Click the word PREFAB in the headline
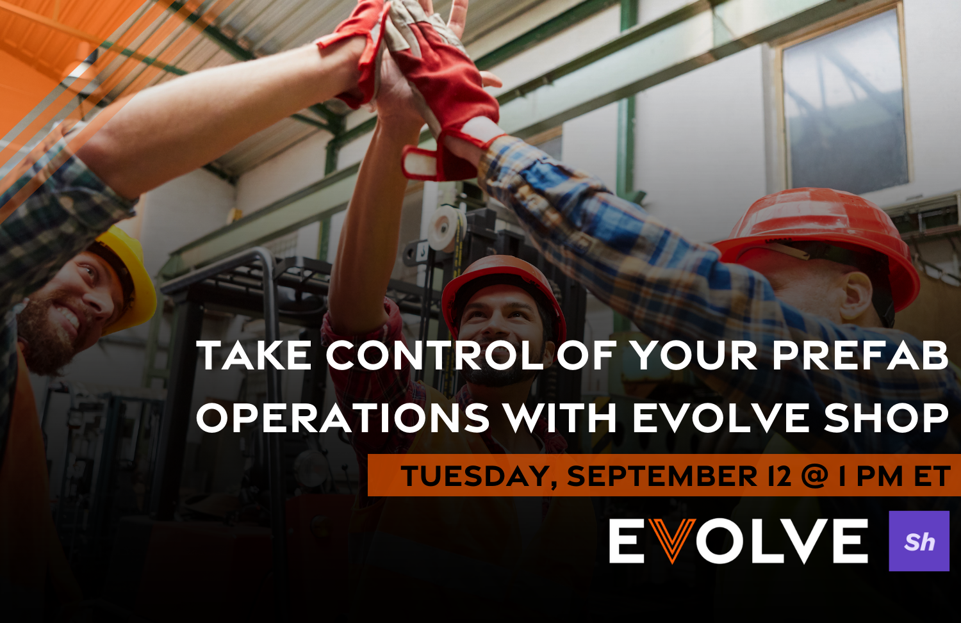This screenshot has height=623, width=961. click(860, 355)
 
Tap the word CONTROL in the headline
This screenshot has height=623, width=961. click(435, 355)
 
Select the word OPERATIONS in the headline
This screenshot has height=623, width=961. click(343, 418)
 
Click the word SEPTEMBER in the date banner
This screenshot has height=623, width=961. click(662, 476)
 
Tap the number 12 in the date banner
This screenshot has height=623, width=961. click(779, 476)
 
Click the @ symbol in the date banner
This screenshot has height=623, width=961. click(815, 476)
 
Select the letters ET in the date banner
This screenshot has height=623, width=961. click(932, 476)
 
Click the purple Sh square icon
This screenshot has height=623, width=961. click(919, 541)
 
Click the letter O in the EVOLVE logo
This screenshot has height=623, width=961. click(721, 541)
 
